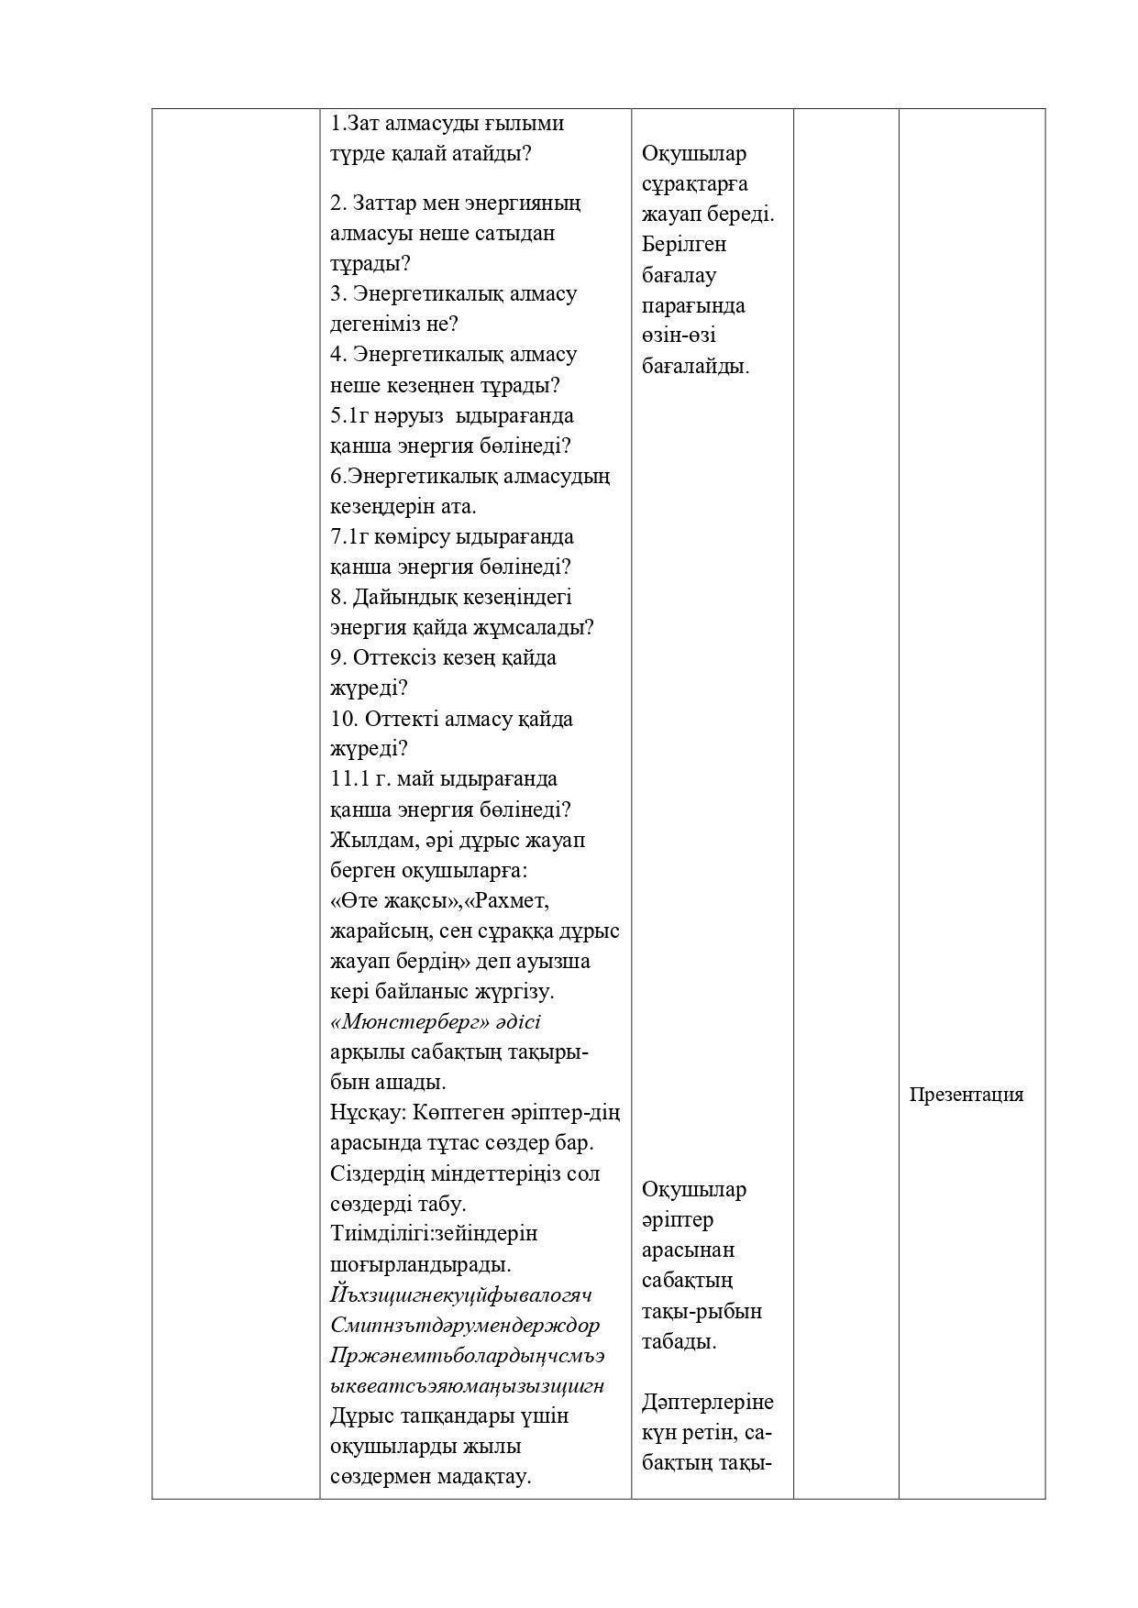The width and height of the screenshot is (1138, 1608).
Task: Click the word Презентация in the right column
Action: click(x=966, y=1095)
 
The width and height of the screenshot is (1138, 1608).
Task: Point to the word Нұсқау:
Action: click(x=368, y=1113)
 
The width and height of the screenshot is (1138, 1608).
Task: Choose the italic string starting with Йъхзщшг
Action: click(x=460, y=1295)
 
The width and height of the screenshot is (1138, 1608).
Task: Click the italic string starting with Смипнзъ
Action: click(x=465, y=1326)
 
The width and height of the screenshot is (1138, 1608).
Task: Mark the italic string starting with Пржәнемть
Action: click(x=467, y=1356)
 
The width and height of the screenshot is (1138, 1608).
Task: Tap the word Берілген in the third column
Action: click(x=684, y=245)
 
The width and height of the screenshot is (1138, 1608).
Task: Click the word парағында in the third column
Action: click(x=693, y=305)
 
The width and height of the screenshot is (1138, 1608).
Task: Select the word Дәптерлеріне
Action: click(x=707, y=1403)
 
